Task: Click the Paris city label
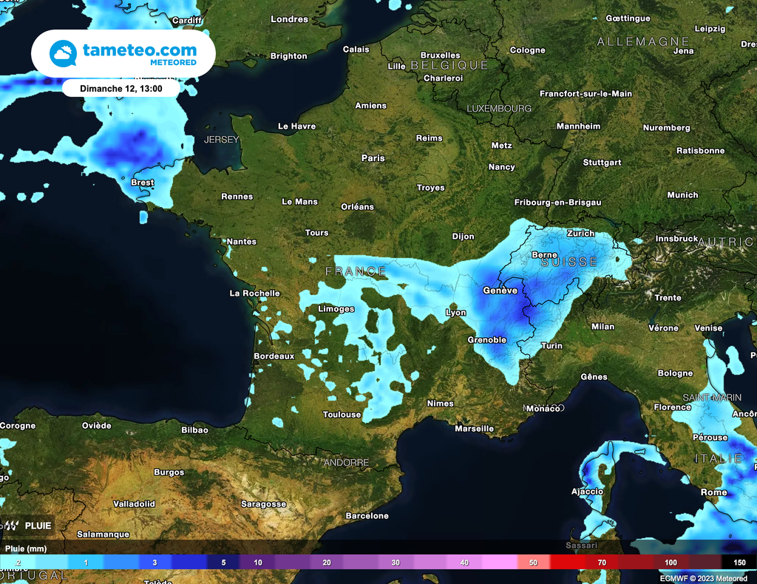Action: (373, 158)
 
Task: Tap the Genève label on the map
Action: (500, 291)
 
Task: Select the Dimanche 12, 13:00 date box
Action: (121, 88)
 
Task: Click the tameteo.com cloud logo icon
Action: (63, 54)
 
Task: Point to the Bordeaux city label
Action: (274, 356)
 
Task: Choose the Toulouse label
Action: (342, 415)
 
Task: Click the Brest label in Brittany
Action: (142, 183)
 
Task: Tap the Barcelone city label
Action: (367, 516)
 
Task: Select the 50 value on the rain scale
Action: (533, 563)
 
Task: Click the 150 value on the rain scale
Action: (739, 563)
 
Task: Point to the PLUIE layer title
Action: (38, 526)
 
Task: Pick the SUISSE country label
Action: (568, 262)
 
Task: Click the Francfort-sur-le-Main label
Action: (585, 94)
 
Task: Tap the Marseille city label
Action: (474, 429)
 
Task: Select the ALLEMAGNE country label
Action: (642, 42)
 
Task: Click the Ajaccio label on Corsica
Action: (587, 492)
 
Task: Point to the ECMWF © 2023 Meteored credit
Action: (703, 578)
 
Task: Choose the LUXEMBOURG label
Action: (498, 109)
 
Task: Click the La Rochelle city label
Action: (254, 293)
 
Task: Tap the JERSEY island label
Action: (221, 140)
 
